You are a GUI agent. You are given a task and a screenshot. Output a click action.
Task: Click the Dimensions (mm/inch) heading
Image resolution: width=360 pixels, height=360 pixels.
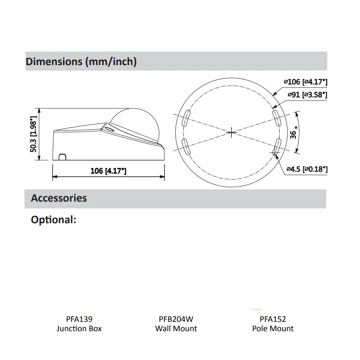pos(81,62)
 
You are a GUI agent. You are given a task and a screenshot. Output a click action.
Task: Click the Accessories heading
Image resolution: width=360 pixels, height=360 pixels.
pos(59,198)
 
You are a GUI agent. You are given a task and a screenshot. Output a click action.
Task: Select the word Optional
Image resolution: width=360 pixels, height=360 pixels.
pos(53,220)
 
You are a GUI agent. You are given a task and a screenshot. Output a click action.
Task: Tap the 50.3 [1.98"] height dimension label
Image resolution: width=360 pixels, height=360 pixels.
pos(33,134)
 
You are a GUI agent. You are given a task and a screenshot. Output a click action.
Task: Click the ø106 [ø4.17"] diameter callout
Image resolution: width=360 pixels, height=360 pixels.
pos(305,82)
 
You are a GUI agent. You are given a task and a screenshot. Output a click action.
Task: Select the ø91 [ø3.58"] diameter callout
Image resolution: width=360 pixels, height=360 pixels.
pos(307,95)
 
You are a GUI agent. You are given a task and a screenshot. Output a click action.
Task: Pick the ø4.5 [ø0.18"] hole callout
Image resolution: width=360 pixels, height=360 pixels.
pos(307,168)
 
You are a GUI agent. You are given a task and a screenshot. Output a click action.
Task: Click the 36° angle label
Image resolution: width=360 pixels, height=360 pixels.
pos(294,133)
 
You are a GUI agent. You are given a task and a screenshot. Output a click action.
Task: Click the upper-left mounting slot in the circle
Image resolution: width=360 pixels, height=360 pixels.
pos(186,118)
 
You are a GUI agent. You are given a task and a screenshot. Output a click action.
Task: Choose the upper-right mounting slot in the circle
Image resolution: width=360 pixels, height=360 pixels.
pos(276,118)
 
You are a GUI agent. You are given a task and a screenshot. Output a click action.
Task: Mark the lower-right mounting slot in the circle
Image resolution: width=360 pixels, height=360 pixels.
pos(276,147)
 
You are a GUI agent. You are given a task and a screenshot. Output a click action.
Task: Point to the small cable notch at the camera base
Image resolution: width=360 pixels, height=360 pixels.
pos(62,157)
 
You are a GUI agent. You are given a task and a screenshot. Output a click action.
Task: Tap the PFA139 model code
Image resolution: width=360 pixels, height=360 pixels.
pos(79,319)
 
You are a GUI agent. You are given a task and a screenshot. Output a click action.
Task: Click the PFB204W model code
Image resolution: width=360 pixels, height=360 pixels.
pos(176,319)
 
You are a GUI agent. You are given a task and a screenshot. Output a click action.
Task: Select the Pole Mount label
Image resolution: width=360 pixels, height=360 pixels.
pos(273,328)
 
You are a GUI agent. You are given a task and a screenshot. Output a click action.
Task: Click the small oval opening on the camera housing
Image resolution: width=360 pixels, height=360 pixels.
pos(108,127)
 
